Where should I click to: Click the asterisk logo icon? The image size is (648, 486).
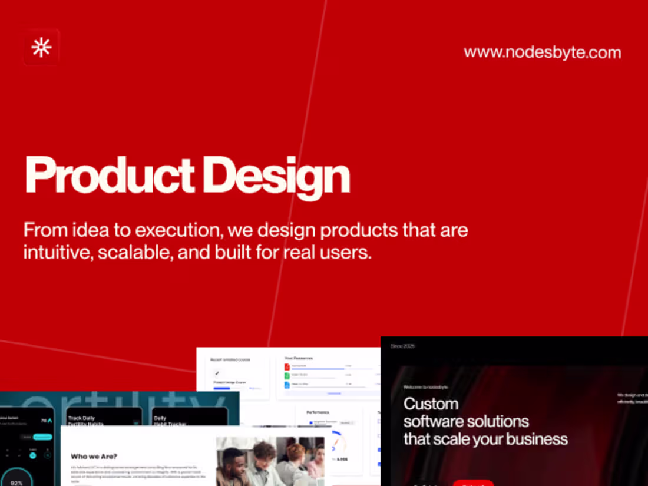(x=42, y=47)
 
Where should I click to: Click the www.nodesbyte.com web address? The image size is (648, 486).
(x=542, y=52)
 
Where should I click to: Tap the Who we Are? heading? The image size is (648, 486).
(x=94, y=456)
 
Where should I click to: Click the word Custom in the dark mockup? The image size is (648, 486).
(x=431, y=404)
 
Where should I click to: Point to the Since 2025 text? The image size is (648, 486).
(x=402, y=346)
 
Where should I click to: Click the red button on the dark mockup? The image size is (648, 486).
(x=473, y=483)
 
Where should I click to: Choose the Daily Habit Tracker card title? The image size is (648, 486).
(x=170, y=421)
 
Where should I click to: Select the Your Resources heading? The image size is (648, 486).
(x=299, y=358)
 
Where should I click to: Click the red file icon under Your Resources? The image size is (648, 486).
(x=287, y=366)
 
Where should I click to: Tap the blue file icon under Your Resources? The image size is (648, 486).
(x=287, y=385)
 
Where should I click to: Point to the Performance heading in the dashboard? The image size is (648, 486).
(x=318, y=412)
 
